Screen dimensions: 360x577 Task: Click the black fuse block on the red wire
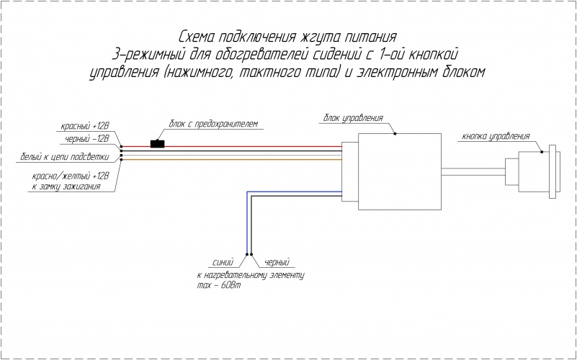pos(156,143)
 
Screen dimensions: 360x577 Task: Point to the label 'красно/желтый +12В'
pos(70,176)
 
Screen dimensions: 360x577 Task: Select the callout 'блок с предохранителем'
pos(213,124)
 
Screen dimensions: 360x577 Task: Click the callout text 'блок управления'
pos(353,117)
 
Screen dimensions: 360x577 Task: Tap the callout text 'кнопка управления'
pos(496,135)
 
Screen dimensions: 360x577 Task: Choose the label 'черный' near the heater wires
pos(278,263)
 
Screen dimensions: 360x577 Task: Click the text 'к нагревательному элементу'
pos(251,276)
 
